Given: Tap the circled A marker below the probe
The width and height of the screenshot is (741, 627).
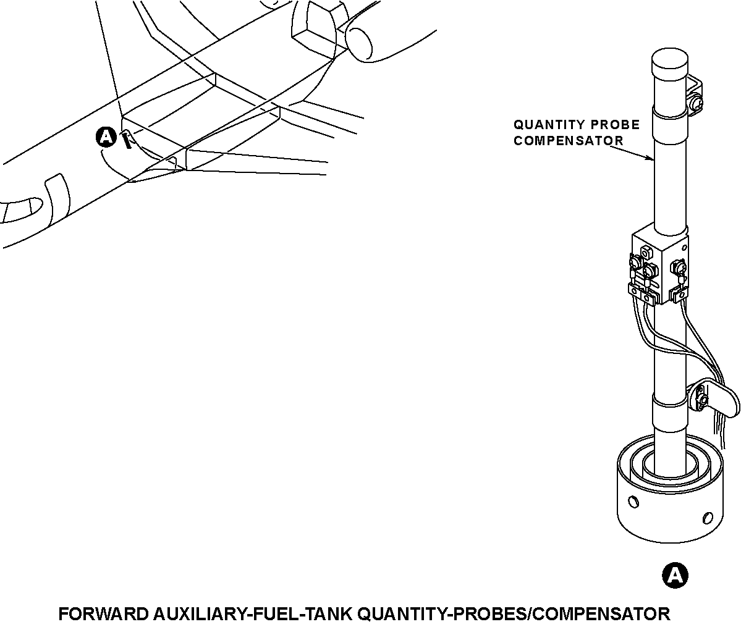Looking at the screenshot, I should coord(675,575).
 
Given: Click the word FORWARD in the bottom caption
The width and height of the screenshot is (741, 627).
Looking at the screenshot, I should coord(103,614).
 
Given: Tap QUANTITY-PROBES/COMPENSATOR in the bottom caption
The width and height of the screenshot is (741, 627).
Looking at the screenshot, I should coord(514,614).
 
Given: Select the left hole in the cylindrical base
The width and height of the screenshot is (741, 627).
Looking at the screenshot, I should coord(632,500).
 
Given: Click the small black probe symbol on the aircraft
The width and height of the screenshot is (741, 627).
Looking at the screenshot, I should coord(127,140).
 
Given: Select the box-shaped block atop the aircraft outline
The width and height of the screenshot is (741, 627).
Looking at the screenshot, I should coord(317,28).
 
